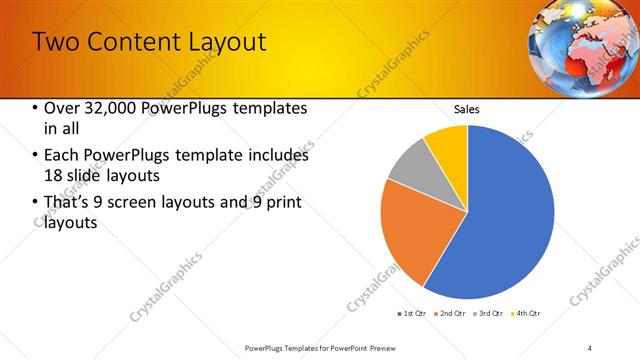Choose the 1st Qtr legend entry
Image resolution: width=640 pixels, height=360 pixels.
click(x=412, y=314)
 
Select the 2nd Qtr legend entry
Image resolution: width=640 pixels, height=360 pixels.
click(x=451, y=314)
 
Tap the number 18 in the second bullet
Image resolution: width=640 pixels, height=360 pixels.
click(x=55, y=174)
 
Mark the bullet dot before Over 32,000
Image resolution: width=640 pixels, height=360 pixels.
click(x=36, y=108)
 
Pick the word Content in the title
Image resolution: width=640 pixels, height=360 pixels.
click(x=122, y=42)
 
